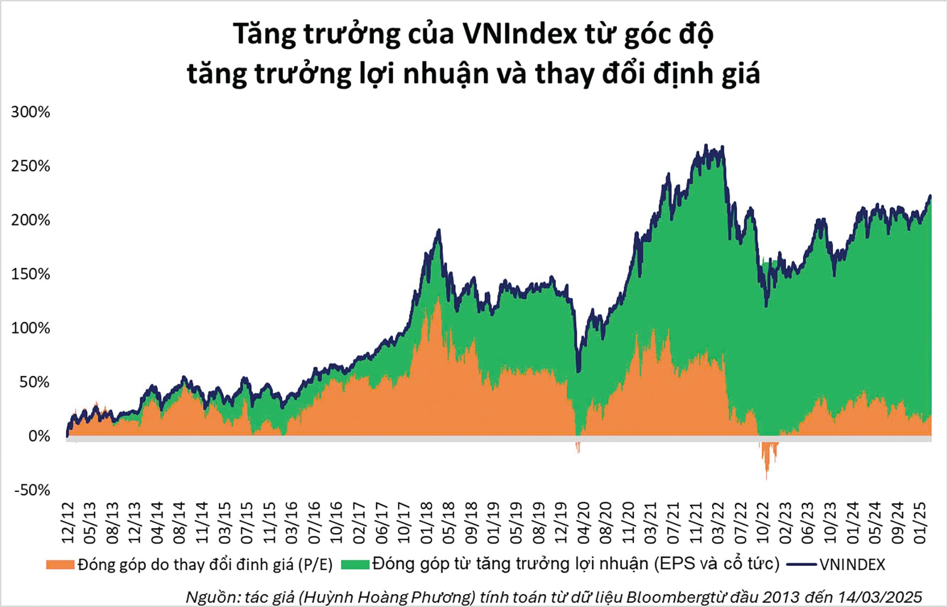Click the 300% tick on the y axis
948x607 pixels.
pos(30,112)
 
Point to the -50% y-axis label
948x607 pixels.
pos(32,490)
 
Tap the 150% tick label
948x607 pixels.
pos(30,274)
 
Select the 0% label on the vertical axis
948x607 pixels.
pos(39,436)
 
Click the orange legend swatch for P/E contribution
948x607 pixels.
pos(60,565)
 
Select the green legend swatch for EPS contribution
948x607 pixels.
pos(355,565)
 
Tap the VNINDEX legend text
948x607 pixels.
pos(852,565)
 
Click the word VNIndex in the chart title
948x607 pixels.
pos(519,34)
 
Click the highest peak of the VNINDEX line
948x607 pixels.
pos(706,145)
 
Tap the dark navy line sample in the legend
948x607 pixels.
pos(802,565)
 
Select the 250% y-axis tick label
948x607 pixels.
pos(30,166)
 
